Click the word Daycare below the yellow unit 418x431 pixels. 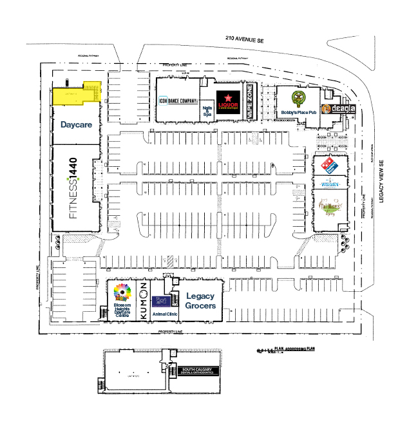[x=75, y=124]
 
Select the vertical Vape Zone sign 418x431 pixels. [x=251, y=102]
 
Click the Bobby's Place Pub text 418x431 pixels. [x=299, y=113]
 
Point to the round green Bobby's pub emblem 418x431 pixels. [x=298, y=99]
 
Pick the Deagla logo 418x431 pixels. [x=338, y=109]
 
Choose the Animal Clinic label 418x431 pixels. [x=164, y=313]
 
